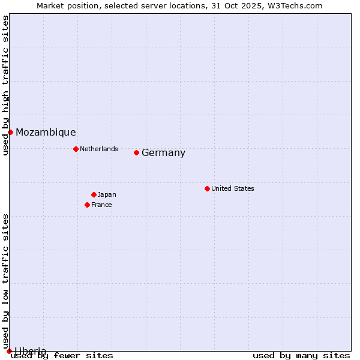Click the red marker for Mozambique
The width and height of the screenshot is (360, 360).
coord(10,132)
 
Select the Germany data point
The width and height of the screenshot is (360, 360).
coord(136,152)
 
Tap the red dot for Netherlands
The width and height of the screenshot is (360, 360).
coord(76,149)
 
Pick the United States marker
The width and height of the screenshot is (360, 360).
coord(207,188)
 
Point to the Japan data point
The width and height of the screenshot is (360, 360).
coord(94,194)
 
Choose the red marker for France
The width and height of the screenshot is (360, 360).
coord(87,205)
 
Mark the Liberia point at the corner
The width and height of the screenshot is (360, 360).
coord(9,351)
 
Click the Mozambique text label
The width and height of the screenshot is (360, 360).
coord(46,133)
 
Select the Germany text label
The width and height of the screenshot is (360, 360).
coord(163,153)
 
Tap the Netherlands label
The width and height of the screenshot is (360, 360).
coord(99,149)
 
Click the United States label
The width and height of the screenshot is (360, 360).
coord(233,188)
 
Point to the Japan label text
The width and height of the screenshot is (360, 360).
coord(107,194)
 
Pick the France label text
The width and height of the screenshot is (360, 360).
coord(102,205)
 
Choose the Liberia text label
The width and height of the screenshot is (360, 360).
coord(31,351)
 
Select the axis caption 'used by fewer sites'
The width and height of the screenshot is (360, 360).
coord(62,355)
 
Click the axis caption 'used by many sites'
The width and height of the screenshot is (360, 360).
coord(301,355)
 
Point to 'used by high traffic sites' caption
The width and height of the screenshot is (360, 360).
coord(6,85)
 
